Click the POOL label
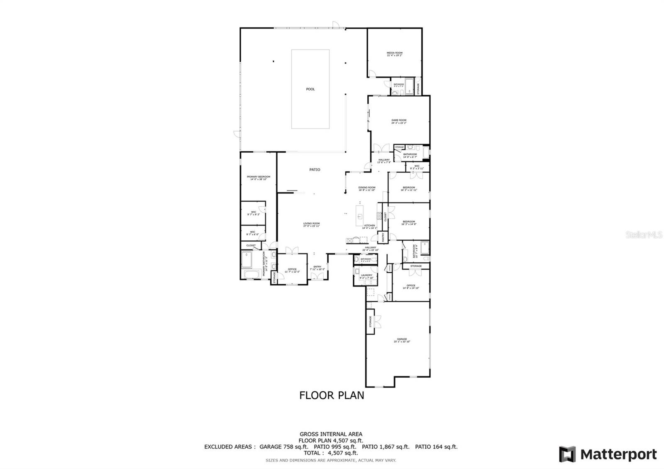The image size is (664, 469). pyautogui.click(x=310, y=89)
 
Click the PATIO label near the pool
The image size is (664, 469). pyautogui.click(x=315, y=170)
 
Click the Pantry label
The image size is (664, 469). pyautogui.click(x=384, y=237)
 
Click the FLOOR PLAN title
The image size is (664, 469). pyautogui.click(x=332, y=395)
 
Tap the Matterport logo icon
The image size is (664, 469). pyautogui.click(x=567, y=454)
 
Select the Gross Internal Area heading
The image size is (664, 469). pyautogui.click(x=331, y=434)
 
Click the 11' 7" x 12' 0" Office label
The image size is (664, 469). pyautogui.click(x=292, y=271)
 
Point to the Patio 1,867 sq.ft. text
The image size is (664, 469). pyautogui.click(x=386, y=447)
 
